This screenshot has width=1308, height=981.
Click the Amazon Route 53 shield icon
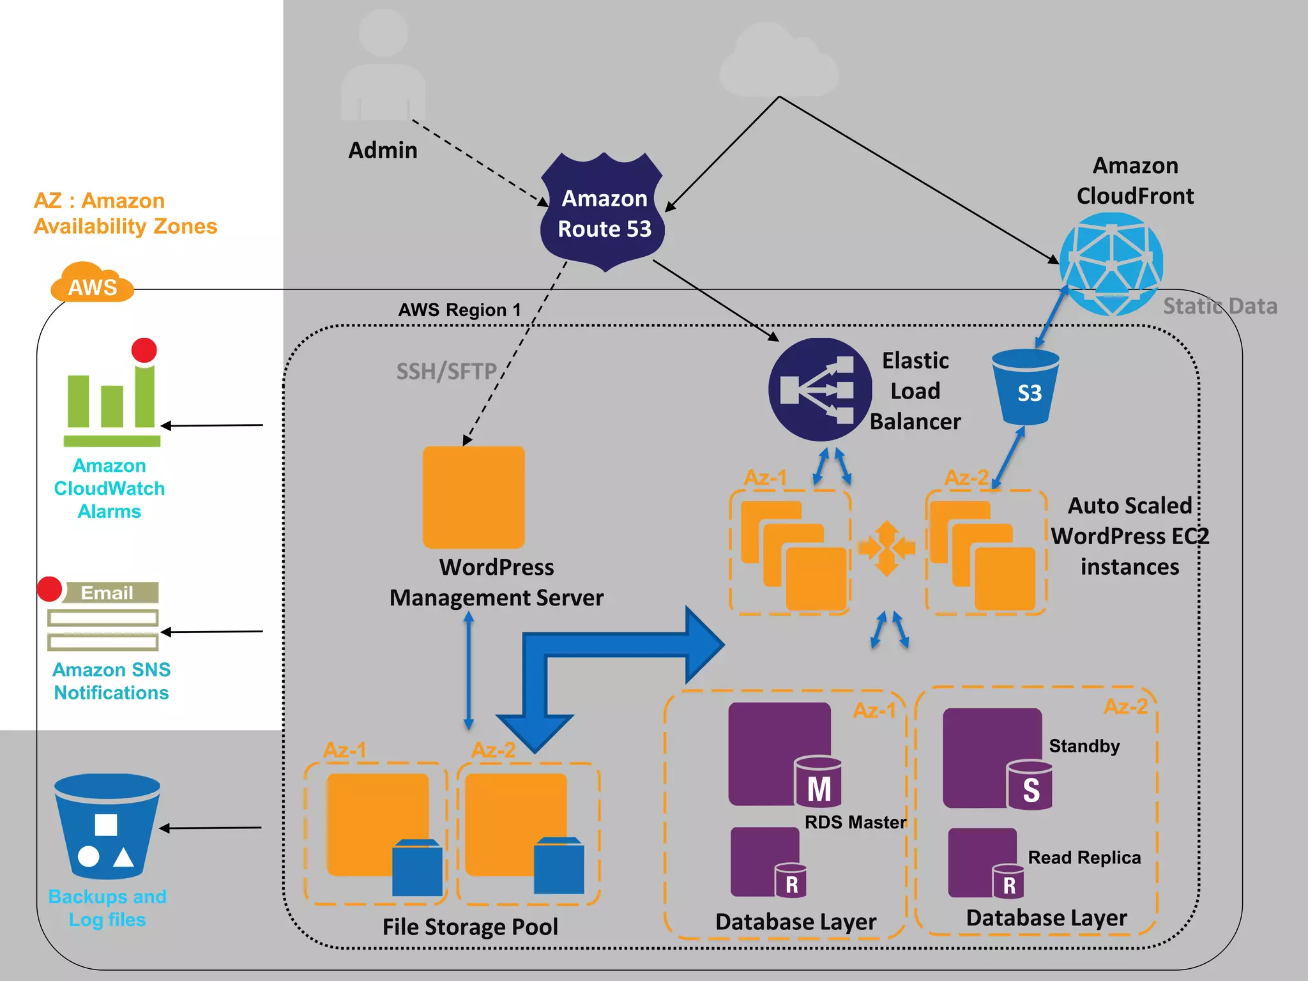click(x=603, y=213)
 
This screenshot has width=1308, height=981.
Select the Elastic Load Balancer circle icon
click(x=819, y=390)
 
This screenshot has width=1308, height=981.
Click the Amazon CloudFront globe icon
click(x=1111, y=264)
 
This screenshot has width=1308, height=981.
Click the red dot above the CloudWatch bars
click(x=144, y=351)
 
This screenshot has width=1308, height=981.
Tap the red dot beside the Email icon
click(x=50, y=589)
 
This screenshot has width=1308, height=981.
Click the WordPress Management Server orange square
click(x=474, y=497)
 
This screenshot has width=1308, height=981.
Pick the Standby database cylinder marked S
click(x=1030, y=786)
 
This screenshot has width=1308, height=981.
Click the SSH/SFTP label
click(x=446, y=371)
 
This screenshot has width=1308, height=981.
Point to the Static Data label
click(x=1220, y=307)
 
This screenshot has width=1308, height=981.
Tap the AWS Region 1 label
click(x=459, y=310)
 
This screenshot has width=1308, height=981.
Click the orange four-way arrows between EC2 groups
click(x=886, y=548)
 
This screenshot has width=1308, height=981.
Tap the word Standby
click(x=1084, y=746)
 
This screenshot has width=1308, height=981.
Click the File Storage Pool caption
click(x=470, y=927)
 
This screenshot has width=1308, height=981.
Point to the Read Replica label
click(x=1084, y=858)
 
